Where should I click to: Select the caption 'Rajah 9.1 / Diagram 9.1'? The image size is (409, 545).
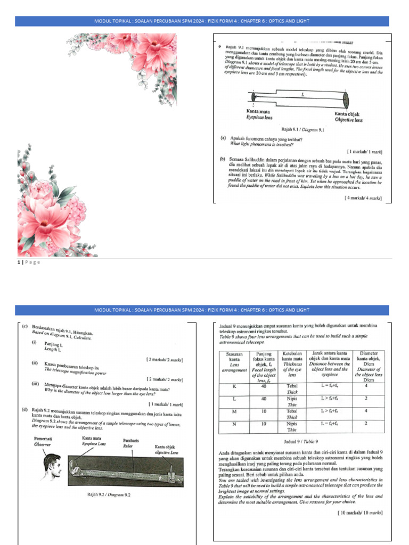[x=302, y=129]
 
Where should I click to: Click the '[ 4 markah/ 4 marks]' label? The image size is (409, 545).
[x=363, y=197]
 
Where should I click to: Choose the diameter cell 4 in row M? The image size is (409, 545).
[x=366, y=411]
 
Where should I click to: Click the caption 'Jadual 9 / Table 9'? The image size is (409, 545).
[x=301, y=441]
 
